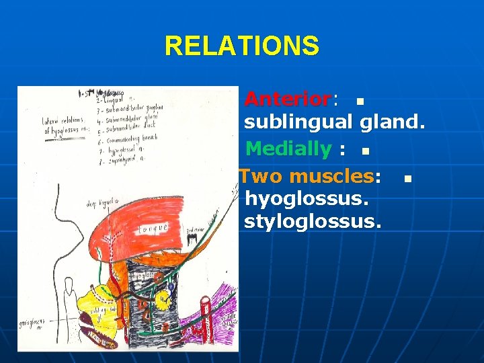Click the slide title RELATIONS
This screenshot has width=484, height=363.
pyautogui.click(x=242, y=46)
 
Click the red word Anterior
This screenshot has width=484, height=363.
pyautogui.click(x=287, y=99)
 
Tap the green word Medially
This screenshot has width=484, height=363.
pyautogui.click(x=288, y=148)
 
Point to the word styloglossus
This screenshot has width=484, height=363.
pyautogui.click(x=311, y=221)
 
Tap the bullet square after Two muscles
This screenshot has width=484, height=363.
pyautogui.click(x=406, y=179)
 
